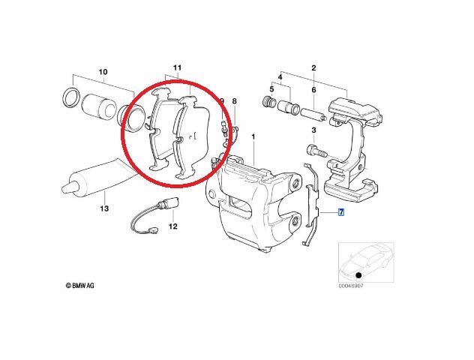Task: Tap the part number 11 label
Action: [178, 68]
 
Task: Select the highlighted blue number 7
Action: [341, 213]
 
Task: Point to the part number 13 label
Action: [105, 211]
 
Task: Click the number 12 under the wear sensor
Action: [172, 226]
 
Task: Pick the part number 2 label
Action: [313, 67]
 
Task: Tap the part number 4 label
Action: [280, 78]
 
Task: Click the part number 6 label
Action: [313, 90]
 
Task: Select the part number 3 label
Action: [313, 130]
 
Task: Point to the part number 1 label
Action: [253, 137]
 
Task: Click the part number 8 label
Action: [234, 101]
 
